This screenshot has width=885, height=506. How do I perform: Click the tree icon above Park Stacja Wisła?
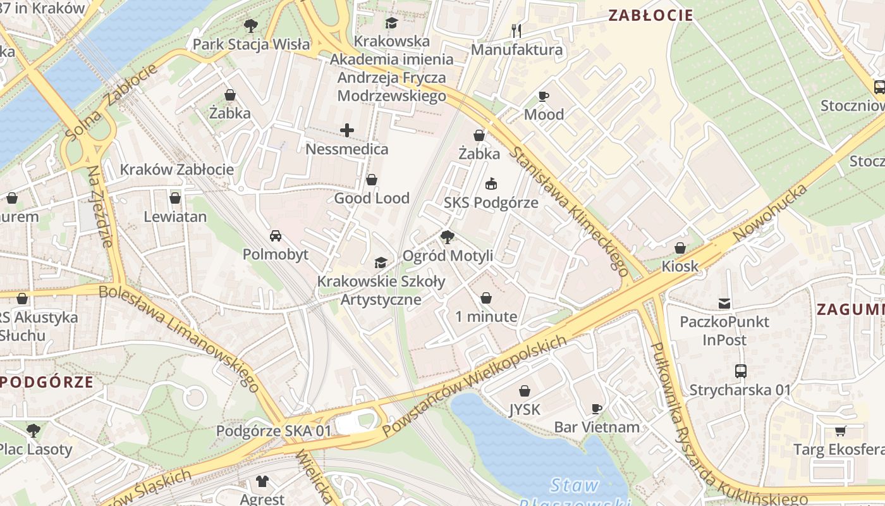click(251, 26)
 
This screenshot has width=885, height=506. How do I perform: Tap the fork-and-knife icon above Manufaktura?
click(516, 30)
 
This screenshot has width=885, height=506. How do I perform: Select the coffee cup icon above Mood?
click(543, 96)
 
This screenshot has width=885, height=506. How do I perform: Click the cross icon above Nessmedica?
click(347, 131)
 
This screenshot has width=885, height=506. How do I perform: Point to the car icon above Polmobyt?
click(276, 236)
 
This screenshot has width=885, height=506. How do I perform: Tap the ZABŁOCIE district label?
click(650, 15)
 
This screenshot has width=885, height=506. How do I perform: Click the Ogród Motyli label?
click(448, 256)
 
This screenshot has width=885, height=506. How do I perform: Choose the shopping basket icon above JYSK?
click(524, 391)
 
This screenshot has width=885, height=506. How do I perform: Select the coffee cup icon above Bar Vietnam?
click(596, 409)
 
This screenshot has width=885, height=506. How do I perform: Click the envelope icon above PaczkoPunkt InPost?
click(724, 304)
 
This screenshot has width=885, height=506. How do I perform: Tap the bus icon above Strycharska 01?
click(740, 371)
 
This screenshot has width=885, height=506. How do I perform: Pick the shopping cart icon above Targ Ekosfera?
click(840, 431)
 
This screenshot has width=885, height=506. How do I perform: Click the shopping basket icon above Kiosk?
click(680, 248)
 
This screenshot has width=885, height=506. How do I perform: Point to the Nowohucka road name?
click(771, 213)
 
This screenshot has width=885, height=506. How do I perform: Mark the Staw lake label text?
click(574, 486)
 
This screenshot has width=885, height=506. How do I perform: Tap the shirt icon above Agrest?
click(262, 481)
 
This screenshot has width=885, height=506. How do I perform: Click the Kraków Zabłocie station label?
click(177, 170)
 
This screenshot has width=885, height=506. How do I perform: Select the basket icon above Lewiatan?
click(175, 199)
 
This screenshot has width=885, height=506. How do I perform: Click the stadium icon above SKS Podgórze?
click(491, 184)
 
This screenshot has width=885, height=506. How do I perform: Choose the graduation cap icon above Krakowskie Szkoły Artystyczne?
click(381, 263)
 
